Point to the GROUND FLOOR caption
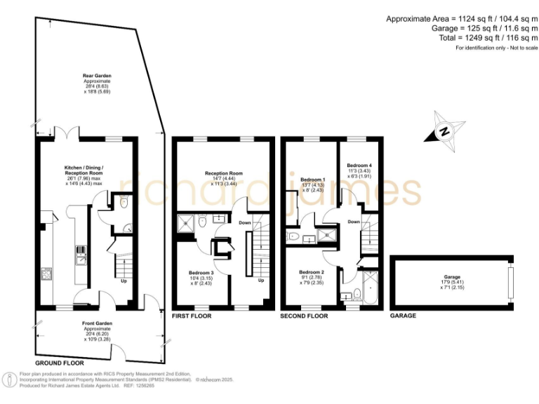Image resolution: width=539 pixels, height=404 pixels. [x=60, y=363]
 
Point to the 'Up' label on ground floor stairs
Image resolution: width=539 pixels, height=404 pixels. [x=124, y=281]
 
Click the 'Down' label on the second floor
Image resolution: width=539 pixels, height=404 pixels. [x=354, y=222]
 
